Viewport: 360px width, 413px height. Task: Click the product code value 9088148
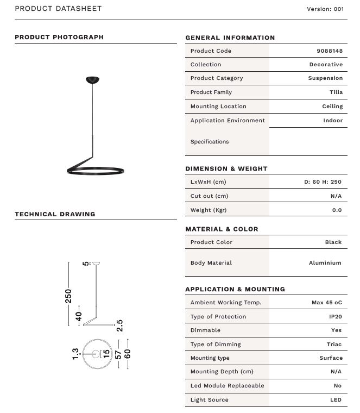pos(329,51)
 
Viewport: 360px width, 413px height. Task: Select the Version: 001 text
pos(325,9)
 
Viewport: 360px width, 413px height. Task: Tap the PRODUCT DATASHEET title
pos(58,9)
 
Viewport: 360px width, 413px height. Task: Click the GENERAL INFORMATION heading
pos(230,37)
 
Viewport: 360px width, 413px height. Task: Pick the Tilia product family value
pos(336,92)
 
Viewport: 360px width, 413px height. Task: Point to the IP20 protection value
pos(336,316)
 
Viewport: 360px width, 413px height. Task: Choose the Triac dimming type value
pos(334,344)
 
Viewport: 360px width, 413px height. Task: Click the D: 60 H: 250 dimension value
pos(323,182)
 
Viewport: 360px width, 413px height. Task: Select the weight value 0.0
pos(337,210)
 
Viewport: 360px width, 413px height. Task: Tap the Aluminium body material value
pos(325,262)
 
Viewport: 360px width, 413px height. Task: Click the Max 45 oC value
pos(326,302)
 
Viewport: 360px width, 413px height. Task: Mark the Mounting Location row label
pos(218,107)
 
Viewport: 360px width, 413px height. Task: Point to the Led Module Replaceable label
pos(227,385)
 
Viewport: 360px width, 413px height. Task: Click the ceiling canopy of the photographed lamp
pos(93,80)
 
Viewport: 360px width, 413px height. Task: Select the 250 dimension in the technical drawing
pos(68,295)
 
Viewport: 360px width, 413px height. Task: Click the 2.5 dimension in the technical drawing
pos(119,325)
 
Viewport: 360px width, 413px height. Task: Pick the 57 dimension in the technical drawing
pos(118,354)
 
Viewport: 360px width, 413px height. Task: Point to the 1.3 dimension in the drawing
pos(75,354)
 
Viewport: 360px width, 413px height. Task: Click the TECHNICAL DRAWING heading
pos(55,214)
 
